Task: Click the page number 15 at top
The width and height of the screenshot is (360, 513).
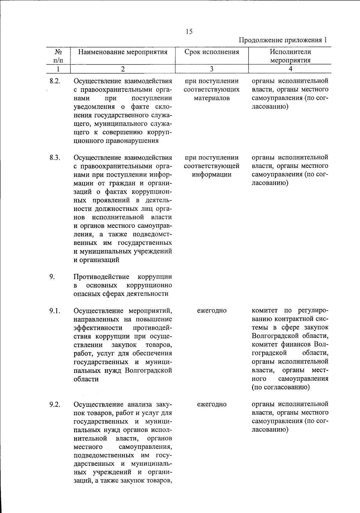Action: point(189,32)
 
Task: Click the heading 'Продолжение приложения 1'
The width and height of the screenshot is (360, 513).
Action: point(283,40)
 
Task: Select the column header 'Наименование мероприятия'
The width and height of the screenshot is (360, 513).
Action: point(123,52)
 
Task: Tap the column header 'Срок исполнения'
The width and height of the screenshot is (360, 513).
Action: point(211,52)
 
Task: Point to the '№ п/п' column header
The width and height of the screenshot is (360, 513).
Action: point(58,56)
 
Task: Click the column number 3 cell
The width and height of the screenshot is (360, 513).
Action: point(211,69)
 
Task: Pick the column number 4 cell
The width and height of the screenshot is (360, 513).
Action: point(290,69)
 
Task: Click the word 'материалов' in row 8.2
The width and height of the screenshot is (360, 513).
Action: point(211,98)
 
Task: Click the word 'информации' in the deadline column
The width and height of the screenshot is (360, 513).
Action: point(211,175)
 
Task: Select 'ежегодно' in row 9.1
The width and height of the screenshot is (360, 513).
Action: point(211,311)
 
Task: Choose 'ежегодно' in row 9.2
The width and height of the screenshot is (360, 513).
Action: point(211,404)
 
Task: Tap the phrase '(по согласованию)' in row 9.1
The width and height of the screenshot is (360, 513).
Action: point(281,387)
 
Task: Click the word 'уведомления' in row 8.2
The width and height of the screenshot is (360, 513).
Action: point(94,107)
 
